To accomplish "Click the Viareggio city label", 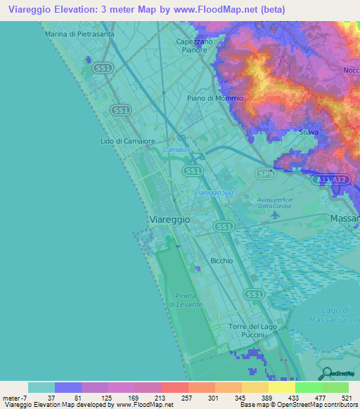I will click(171, 220).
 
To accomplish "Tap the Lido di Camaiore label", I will click(122, 141).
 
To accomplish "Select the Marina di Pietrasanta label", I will click(79, 33).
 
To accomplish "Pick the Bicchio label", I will click(221, 261).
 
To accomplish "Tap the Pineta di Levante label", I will click(185, 300).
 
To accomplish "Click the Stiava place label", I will click(309, 132).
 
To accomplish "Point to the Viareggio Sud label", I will click(213, 192).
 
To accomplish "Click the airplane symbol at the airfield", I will click(274, 216).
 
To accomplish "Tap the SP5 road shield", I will click(264, 174).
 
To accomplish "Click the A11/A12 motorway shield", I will click(331, 181).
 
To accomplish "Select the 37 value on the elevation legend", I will click(41, 397).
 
